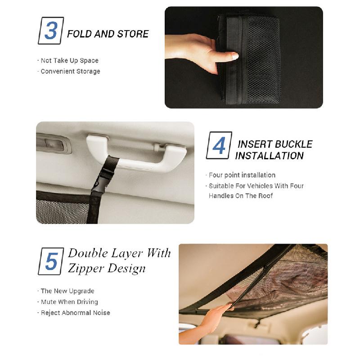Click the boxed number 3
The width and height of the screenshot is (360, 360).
[51, 31]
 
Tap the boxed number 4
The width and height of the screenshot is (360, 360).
[219, 145]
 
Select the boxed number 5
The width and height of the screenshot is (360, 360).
[51, 261]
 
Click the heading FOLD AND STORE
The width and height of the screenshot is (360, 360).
[108, 34]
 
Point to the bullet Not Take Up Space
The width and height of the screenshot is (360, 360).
[68, 60]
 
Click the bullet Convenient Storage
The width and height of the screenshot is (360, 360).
[69, 71]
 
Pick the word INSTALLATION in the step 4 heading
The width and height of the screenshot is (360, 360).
[269, 156]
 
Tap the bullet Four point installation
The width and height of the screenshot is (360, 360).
[241, 175]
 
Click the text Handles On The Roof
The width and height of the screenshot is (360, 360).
[241, 196]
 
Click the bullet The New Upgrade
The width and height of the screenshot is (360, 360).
[66, 291]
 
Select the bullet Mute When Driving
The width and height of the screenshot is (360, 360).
[68, 302]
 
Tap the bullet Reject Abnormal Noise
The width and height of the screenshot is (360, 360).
[74, 313]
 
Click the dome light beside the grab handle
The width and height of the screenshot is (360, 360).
[54, 144]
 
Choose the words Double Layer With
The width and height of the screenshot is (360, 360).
[119, 253]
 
